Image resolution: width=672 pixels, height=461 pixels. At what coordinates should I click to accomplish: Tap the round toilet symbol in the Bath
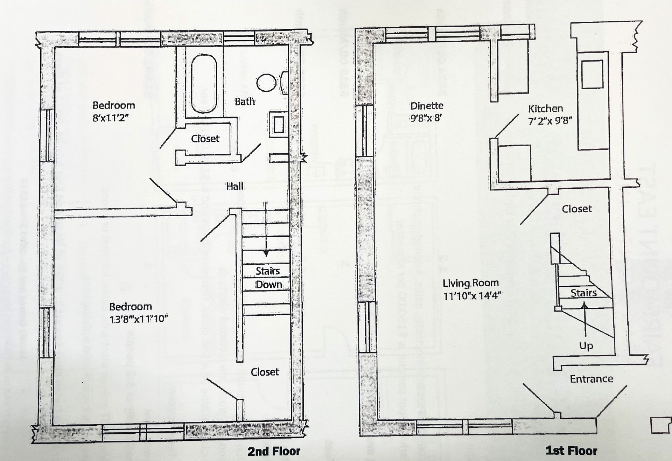pyautogui.click(x=266, y=83)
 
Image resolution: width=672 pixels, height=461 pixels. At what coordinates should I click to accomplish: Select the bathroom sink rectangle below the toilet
pyautogui.click(x=279, y=125)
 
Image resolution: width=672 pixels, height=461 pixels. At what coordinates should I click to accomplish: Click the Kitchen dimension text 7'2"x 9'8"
pyautogui.click(x=550, y=121)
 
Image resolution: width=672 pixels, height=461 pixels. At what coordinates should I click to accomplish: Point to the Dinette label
pyautogui.click(x=427, y=106)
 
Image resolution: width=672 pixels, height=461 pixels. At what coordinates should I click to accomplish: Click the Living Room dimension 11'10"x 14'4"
pyautogui.click(x=472, y=296)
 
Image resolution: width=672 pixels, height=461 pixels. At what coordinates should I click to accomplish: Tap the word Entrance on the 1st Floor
pyautogui.click(x=591, y=379)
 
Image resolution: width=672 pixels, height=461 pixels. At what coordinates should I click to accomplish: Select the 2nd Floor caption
pyautogui.click(x=274, y=451)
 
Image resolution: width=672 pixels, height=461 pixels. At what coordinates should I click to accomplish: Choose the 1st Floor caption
pyautogui.click(x=571, y=451)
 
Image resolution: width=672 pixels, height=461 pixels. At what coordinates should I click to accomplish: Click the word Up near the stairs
pyautogui.click(x=586, y=346)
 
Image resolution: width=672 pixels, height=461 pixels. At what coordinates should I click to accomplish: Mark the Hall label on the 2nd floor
pyautogui.click(x=234, y=186)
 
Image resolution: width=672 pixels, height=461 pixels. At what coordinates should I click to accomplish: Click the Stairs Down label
pyautogui.click(x=268, y=278)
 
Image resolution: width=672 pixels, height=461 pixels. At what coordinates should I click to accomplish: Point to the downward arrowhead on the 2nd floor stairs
pyautogui.click(x=266, y=253)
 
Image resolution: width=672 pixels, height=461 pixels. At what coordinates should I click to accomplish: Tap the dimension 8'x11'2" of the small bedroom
pyautogui.click(x=111, y=118)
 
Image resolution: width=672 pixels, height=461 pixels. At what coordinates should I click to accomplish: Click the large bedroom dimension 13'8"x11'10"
pyautogui.click(x=139, y=319)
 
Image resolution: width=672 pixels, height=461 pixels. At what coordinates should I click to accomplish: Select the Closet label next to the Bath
pyautogui.click(x=205, y=139)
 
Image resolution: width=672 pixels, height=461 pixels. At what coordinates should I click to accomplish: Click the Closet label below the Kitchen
pyautogui.click(x=577, y=209)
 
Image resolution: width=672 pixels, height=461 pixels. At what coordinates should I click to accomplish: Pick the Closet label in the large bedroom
pyautogui.click(x=265, y=372)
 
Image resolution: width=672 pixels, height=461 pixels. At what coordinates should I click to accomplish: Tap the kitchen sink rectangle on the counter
pyautogui.click(x=592, y=74)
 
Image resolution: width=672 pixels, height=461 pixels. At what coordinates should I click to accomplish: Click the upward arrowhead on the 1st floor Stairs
pyautogui.click(x=584, y=305)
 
